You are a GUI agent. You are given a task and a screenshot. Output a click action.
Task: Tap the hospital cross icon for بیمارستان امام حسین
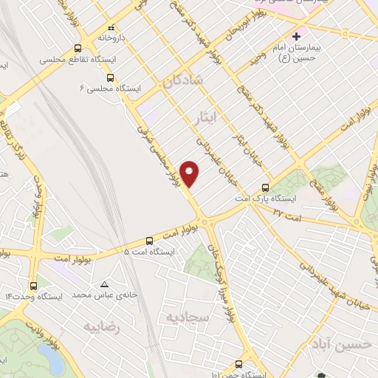296,35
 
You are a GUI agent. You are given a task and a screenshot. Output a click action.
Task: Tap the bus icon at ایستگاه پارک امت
265,188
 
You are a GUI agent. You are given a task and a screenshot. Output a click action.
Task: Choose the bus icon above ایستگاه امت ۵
150,240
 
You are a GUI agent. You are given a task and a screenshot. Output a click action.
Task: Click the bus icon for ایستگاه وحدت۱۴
32,285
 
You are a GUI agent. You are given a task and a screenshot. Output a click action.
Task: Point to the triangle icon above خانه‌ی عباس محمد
104,284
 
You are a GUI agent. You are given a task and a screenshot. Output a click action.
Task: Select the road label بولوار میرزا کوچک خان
226,277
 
